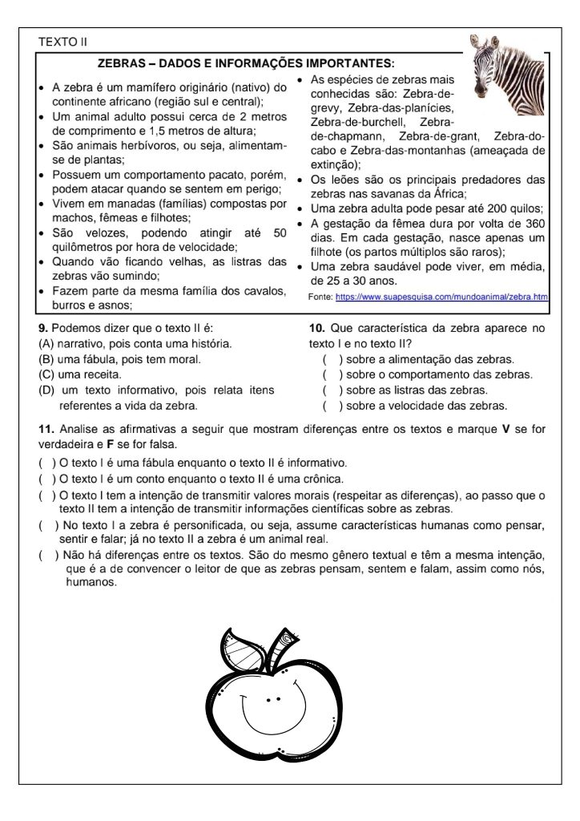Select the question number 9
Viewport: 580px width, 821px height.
[42, 328]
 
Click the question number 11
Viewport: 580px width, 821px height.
[45, 429]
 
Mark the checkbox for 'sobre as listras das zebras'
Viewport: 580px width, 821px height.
[328, 390]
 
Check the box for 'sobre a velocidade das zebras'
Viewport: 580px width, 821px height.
[328, 405]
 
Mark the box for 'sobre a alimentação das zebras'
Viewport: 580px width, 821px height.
[328, 359]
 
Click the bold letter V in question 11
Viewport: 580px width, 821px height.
[505, 429]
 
